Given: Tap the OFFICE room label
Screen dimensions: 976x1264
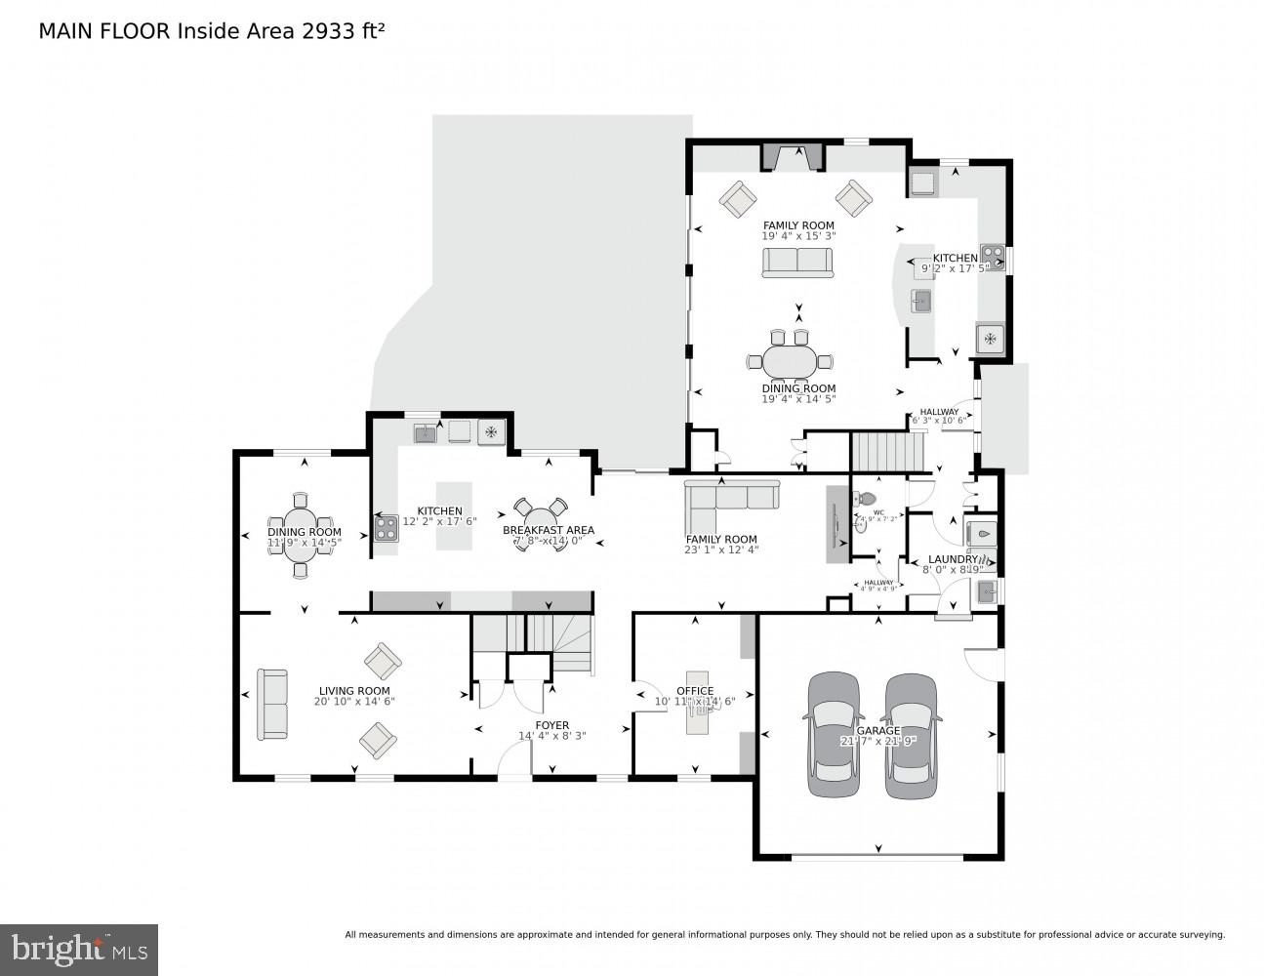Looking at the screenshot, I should (x=694, y=690).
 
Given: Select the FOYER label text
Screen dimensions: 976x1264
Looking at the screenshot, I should (x=551, y=725).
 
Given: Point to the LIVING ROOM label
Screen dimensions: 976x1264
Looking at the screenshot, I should (x=353, y=690).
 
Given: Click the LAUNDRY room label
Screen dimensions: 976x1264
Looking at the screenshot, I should (x=953, y=559).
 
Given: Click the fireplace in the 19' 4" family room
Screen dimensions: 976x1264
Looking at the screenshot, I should (x=794, y=156).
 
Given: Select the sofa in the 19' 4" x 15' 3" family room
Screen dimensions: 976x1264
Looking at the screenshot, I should (x=797, y=262).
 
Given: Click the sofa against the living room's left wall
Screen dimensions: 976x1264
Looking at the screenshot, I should (x=272, y=704).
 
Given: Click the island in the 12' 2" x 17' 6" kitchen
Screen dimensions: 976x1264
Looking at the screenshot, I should (x=453, y=514).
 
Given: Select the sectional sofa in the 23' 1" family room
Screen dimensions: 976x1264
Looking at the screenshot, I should (x=732, y=497).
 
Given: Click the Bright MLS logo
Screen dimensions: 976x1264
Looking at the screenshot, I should (x=79, y=949).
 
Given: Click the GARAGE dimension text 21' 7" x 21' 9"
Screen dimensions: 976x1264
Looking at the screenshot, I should (x=877, y=741).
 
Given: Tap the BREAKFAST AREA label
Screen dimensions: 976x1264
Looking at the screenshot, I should (x=548, y=530).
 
